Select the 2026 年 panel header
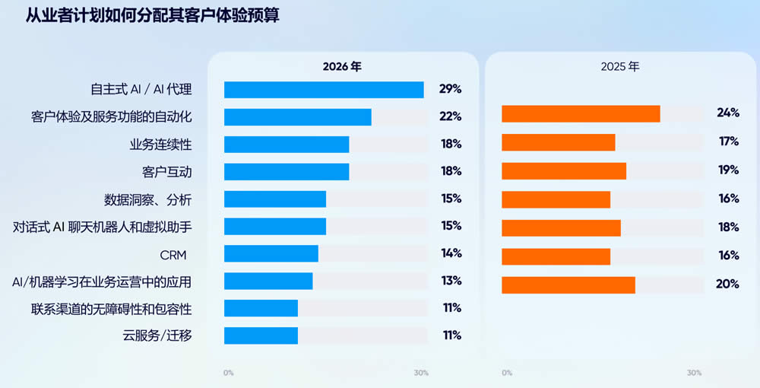tap(342, 66)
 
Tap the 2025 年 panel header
tap(620, 66)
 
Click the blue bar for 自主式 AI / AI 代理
tap(324, 90)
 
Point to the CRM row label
tap(173, 254)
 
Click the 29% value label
tap(451, 89)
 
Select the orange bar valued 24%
tap(581, 113)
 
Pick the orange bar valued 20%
tap(568, 285)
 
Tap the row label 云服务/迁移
tap(157, 336)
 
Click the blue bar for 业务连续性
tap(287, 145)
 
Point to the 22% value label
tap(451, 116)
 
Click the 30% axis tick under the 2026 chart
tap(421, 373)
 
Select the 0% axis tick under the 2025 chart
tap(507, 373)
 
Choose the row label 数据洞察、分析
tap(148, 199)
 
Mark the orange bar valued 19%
tap(564, 170)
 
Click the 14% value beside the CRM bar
tap(451, 253)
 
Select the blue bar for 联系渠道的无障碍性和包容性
tap(261, 308)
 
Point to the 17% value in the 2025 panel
tap(728, 142)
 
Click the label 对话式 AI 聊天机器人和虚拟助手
tap(103, 227)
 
